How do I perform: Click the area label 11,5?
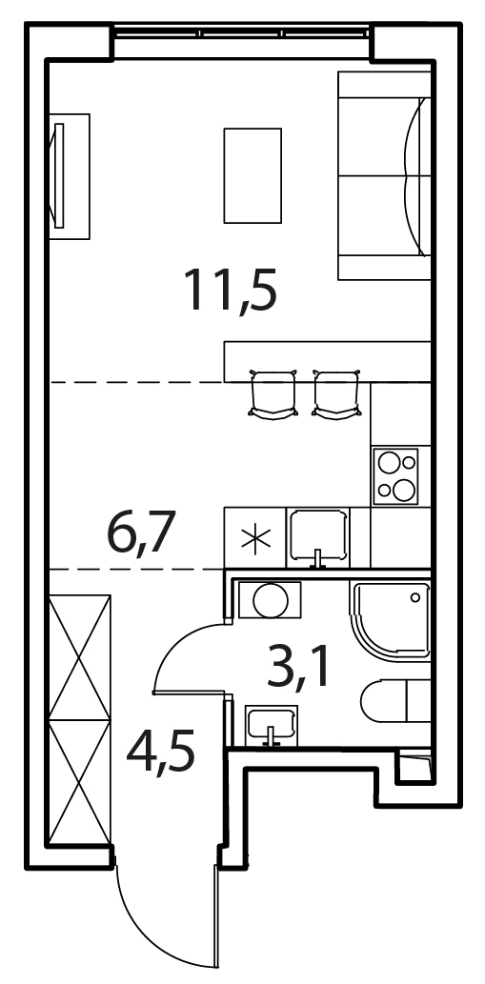point(231,290)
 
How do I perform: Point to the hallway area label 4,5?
point(161,753)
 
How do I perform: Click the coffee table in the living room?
point(253,175)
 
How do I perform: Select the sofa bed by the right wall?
point(385,175)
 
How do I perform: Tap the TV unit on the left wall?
point(69,176)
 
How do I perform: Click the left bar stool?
point(273,394)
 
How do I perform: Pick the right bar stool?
point(337,394)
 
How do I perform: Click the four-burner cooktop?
point(395,476)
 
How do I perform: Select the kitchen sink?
point(318,538)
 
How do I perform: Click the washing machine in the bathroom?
point(271,601)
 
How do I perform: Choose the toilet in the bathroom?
point(396,701)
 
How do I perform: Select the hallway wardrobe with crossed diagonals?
point(80,720)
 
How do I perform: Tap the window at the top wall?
point(242,32)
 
